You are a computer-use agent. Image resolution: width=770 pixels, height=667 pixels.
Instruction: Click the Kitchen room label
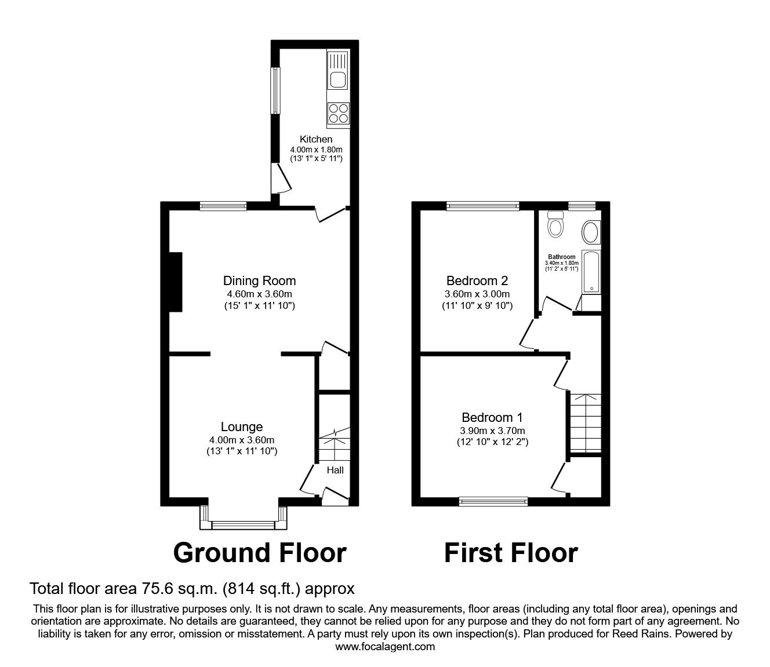pos(316,139)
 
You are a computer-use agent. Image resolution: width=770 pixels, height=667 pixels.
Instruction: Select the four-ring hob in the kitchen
pos(338,113)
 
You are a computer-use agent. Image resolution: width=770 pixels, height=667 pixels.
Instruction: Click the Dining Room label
pos(259,281)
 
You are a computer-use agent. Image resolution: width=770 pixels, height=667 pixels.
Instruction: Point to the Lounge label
pos(242,427)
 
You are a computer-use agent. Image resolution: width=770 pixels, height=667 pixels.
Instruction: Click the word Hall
pos(335,470)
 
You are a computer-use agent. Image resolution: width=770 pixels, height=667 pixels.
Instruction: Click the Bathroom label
pos(562,257)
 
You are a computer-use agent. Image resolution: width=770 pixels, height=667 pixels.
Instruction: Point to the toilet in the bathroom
pos(555,224)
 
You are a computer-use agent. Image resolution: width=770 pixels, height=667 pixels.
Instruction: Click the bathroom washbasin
pos(590,232)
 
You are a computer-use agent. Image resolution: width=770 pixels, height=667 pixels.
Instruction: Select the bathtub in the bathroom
pos(591,272)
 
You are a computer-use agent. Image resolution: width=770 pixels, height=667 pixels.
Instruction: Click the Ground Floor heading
pos(260,553)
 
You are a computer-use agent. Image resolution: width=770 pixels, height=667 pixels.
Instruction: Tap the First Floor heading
pos(511,553)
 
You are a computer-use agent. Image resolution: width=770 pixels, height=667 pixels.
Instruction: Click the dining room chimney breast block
pos(175,282)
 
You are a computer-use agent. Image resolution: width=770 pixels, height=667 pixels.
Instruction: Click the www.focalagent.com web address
pos(385,647)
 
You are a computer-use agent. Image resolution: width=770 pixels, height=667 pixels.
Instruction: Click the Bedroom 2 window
pos(482,205)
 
